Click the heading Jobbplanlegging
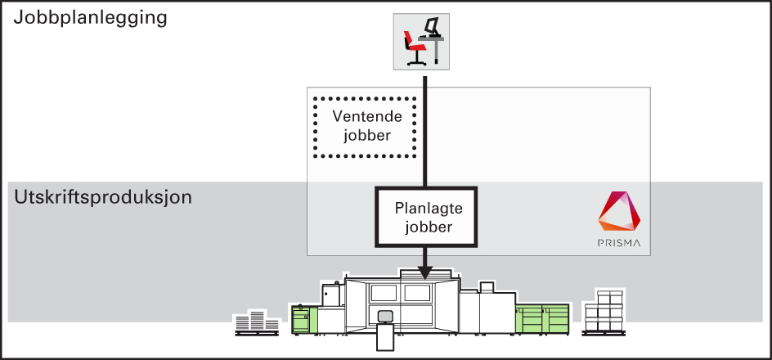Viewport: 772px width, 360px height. click(90, 19)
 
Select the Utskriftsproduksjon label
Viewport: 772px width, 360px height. click(103, 198)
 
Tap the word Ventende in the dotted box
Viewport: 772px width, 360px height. click(367, 117)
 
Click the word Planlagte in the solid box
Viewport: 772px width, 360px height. click(429, 209)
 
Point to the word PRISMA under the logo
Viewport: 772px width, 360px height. click(619, 243)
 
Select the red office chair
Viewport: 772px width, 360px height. click(415, 47)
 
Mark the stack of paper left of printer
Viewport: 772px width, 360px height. click(257, 322)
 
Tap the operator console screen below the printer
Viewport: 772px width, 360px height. click(384, 315)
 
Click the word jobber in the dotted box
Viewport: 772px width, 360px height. click(367, 135)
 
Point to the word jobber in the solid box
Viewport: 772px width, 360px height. click(429, 227)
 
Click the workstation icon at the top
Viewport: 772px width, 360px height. click(421, 42)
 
